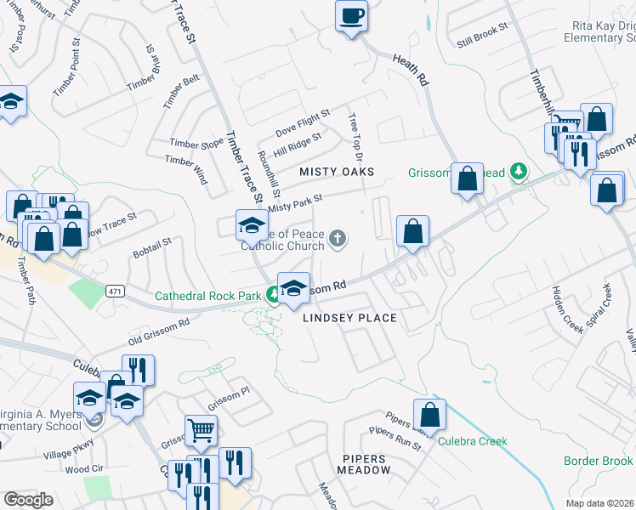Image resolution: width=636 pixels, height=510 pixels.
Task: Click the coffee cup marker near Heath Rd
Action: (x=351, y=15)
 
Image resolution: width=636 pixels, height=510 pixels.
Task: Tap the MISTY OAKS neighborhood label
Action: (x=337, y=172)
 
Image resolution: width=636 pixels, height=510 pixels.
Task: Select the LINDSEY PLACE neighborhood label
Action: (x=350, y=318)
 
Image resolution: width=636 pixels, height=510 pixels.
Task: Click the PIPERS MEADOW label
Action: (x=366, y=464)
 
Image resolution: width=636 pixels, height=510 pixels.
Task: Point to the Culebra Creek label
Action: (x=472, y=441)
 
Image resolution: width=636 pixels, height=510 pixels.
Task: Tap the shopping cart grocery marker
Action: (x=201, y=430)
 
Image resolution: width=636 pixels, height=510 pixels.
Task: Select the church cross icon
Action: (x=338, y=239)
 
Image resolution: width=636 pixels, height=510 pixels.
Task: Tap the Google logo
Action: (x=28, y=500)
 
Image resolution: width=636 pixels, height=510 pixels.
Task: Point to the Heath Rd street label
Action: (x=409, y=71)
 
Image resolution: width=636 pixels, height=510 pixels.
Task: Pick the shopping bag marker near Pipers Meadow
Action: (x=430, y=415)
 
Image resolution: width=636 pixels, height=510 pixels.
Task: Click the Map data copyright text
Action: (x=600, y=503)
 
